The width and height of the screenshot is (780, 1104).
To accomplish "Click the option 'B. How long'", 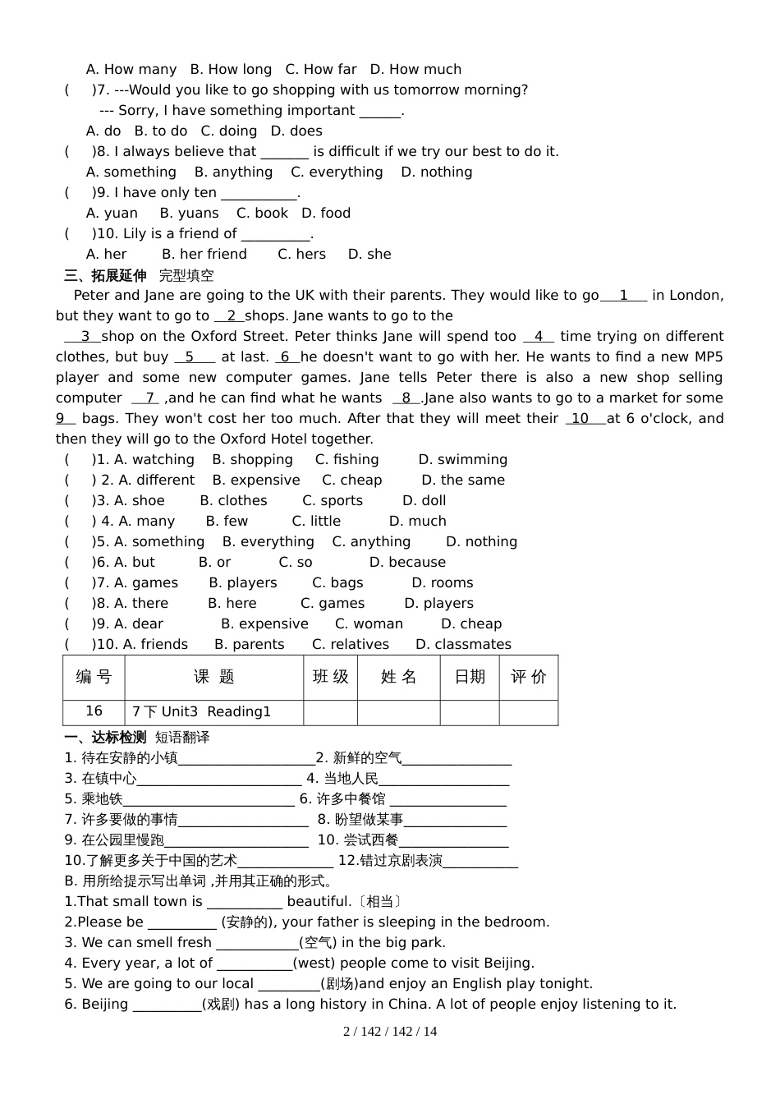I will point(231,70).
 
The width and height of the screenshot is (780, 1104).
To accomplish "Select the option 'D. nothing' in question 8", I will point(436,172).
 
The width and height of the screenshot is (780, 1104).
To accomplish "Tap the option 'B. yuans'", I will point(189,214).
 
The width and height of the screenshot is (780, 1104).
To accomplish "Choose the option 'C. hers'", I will point(301,255).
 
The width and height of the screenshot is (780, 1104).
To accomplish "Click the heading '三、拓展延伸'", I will point(105,275).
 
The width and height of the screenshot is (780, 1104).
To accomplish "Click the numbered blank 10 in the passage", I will point(580,419).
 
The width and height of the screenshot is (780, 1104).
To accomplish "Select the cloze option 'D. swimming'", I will point(462,460).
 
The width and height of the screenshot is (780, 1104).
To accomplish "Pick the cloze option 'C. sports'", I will point(332,501).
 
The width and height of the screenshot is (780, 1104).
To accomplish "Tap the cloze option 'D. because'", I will point(407,563).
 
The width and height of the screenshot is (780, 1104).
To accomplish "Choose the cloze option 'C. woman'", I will point(369,624).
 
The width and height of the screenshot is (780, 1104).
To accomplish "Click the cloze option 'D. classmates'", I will point(463,645).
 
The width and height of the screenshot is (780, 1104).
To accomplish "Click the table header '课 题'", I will point(214,677).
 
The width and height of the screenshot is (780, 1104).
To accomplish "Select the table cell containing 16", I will point(94,711).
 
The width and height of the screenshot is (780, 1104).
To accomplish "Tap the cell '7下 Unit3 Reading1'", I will point(201,712).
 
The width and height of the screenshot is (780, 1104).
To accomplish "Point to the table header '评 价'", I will point(528,677).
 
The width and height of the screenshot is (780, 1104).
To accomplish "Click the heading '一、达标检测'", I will point(105,738).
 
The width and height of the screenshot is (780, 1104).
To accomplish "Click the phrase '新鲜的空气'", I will point(366,758).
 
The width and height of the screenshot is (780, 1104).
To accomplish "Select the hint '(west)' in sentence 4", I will point(314,964).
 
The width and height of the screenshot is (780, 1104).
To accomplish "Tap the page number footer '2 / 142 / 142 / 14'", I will point(390,1032).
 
